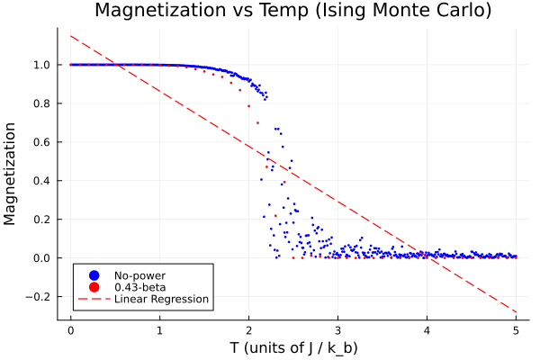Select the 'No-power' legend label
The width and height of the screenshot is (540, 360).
click(x=139, y=274)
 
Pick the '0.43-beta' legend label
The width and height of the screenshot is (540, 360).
click(x=140, y=287)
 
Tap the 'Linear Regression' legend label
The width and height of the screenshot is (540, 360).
click(x=161, y=299)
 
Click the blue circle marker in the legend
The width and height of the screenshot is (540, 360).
click(x=94, y=274)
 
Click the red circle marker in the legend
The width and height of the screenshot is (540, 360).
click(x=94, y=287)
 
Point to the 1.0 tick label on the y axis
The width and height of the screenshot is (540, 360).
click(x=41, y=65)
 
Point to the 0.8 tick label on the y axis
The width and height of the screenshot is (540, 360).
click(x=41, y=103)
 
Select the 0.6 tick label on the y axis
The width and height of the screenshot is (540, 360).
click(x=41, y=142)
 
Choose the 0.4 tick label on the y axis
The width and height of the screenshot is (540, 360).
click(x=41, y=181)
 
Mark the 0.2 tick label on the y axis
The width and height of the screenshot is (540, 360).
click(x=41, y=220)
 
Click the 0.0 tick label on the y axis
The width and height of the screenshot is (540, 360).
click(x=41, y=258)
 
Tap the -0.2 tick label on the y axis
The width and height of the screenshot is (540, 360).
click(x=39, y=297)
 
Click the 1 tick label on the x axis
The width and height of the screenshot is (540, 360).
click(x=159, y=330)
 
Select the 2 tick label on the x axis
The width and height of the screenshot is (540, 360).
click(x=248, y=330)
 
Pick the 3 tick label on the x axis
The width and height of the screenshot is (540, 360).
click(x=337, y=330)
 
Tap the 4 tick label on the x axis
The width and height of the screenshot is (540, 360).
click(x=427, y=330)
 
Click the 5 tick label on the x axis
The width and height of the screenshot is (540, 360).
click(x=516, y=330)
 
